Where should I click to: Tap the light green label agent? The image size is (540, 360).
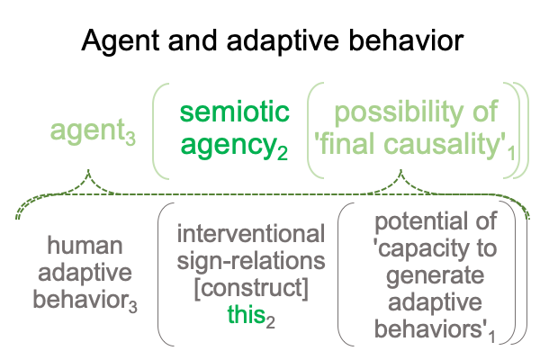(x=87, y=130)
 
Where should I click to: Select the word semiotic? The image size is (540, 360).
(x=235, y=112)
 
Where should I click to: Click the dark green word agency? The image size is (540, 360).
(x=229, y=146)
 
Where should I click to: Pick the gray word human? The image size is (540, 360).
(x=85, y=246)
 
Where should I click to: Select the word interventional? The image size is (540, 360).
(x=251, y=234)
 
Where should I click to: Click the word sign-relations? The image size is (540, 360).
(x=251, y=261)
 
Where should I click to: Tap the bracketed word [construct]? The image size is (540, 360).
(x=251, y=288)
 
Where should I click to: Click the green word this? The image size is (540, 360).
(x=246, y=314)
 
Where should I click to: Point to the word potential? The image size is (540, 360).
(x=418, y=222)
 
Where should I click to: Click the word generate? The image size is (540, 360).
(x=436, y=276)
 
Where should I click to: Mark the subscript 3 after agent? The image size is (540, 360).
(x=130, y=139)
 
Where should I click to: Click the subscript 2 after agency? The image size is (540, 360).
(x=283, y=153)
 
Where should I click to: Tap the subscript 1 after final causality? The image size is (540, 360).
(x=512, y=153)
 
